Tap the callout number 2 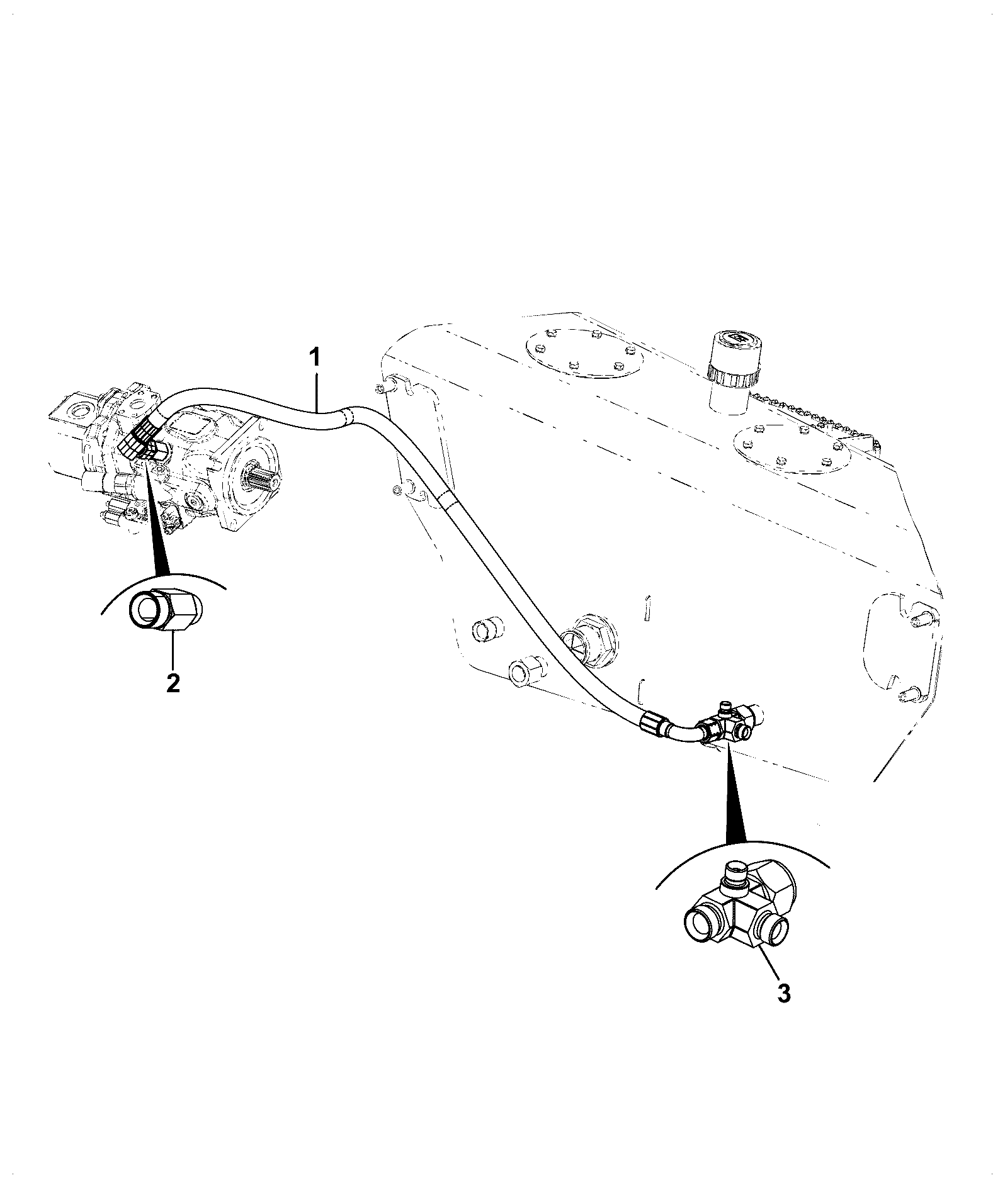click(173, 683)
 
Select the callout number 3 click(783, 1011)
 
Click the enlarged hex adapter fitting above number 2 click(166, 609)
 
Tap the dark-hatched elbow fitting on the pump click(144, 438)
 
